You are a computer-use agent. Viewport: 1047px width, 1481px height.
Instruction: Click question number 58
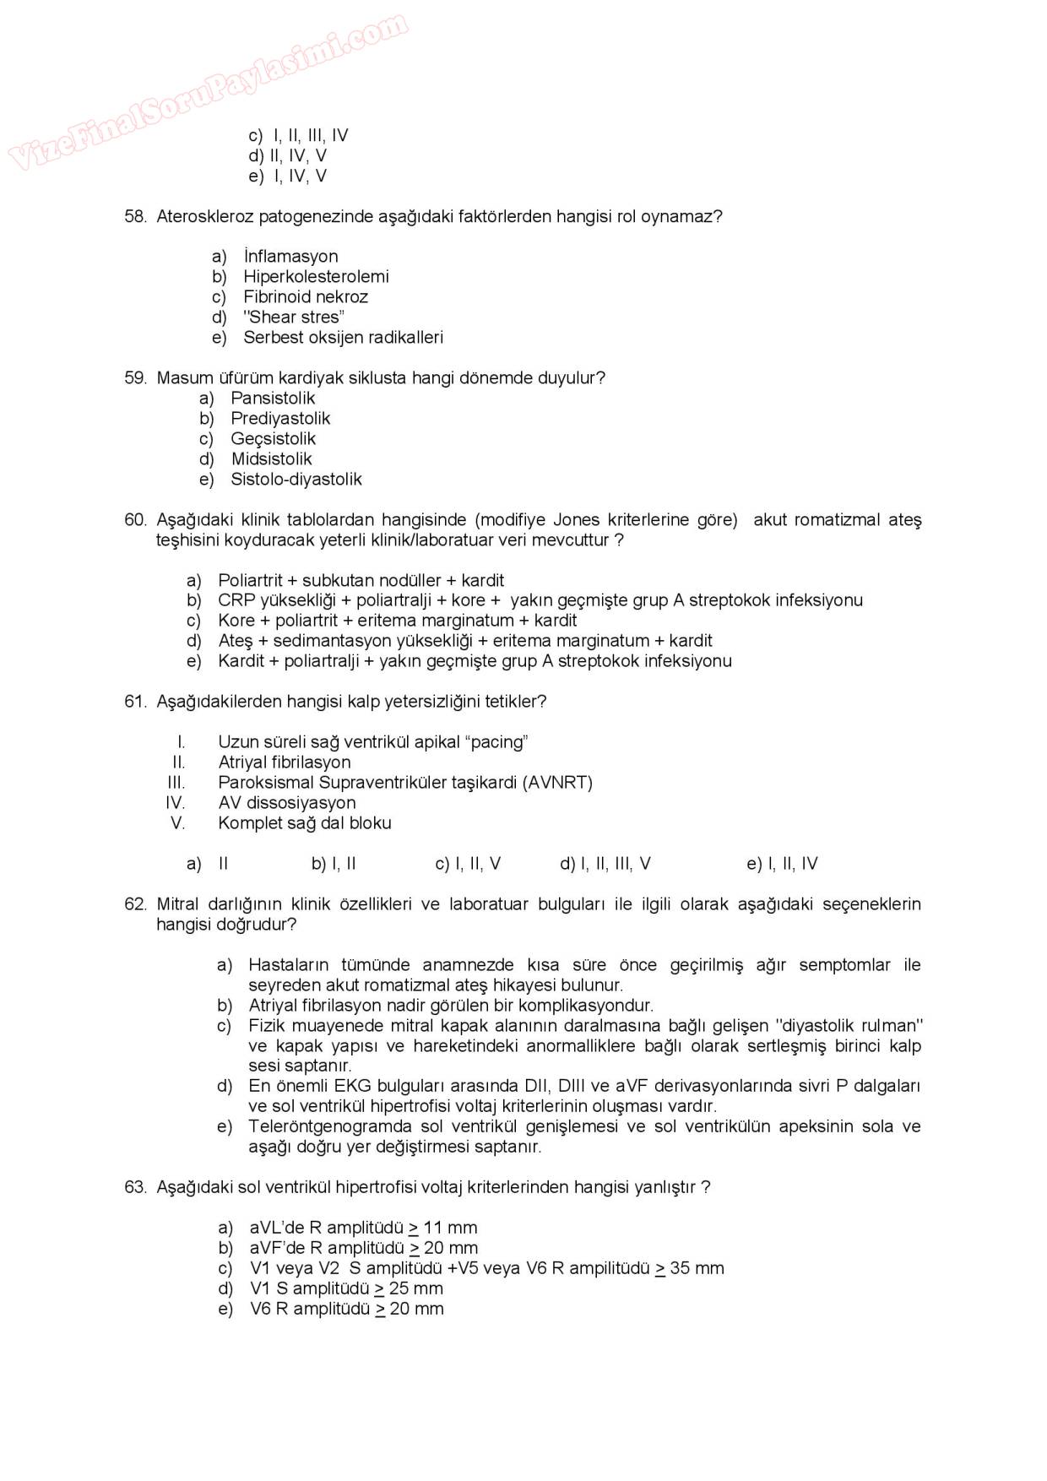tap(135, 216)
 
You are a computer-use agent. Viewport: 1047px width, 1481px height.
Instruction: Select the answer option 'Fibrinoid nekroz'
tap(305, 296)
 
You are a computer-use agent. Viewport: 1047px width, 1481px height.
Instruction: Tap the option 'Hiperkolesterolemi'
tap(316, 276)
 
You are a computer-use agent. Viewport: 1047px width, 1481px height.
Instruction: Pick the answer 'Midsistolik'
tap(271, 458)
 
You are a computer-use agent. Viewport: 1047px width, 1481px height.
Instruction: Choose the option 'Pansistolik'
tap(272, 398)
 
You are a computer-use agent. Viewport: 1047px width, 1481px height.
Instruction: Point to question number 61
tap(135, 701)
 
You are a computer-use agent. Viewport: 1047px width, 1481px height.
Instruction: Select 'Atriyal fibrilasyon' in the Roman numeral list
tap(284, 762)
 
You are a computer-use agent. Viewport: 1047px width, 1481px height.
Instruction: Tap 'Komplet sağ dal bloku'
tap(304, 822)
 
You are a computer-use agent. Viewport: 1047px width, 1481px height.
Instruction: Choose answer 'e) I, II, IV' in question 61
tap(782, 863)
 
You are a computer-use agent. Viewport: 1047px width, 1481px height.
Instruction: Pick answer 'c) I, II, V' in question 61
tap(468, 863)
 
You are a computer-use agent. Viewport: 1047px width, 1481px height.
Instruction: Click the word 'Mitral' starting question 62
tap(177, 903)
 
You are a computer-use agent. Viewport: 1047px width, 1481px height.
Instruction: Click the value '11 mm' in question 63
tap(450, 1227)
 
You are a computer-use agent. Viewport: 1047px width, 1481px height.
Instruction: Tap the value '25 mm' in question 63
tap(415, 1288)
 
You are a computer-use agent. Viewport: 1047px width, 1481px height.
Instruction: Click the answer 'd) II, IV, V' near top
tap(287, 155)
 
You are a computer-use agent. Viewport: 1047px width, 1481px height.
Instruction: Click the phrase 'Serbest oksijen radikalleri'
tap(343, 337)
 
